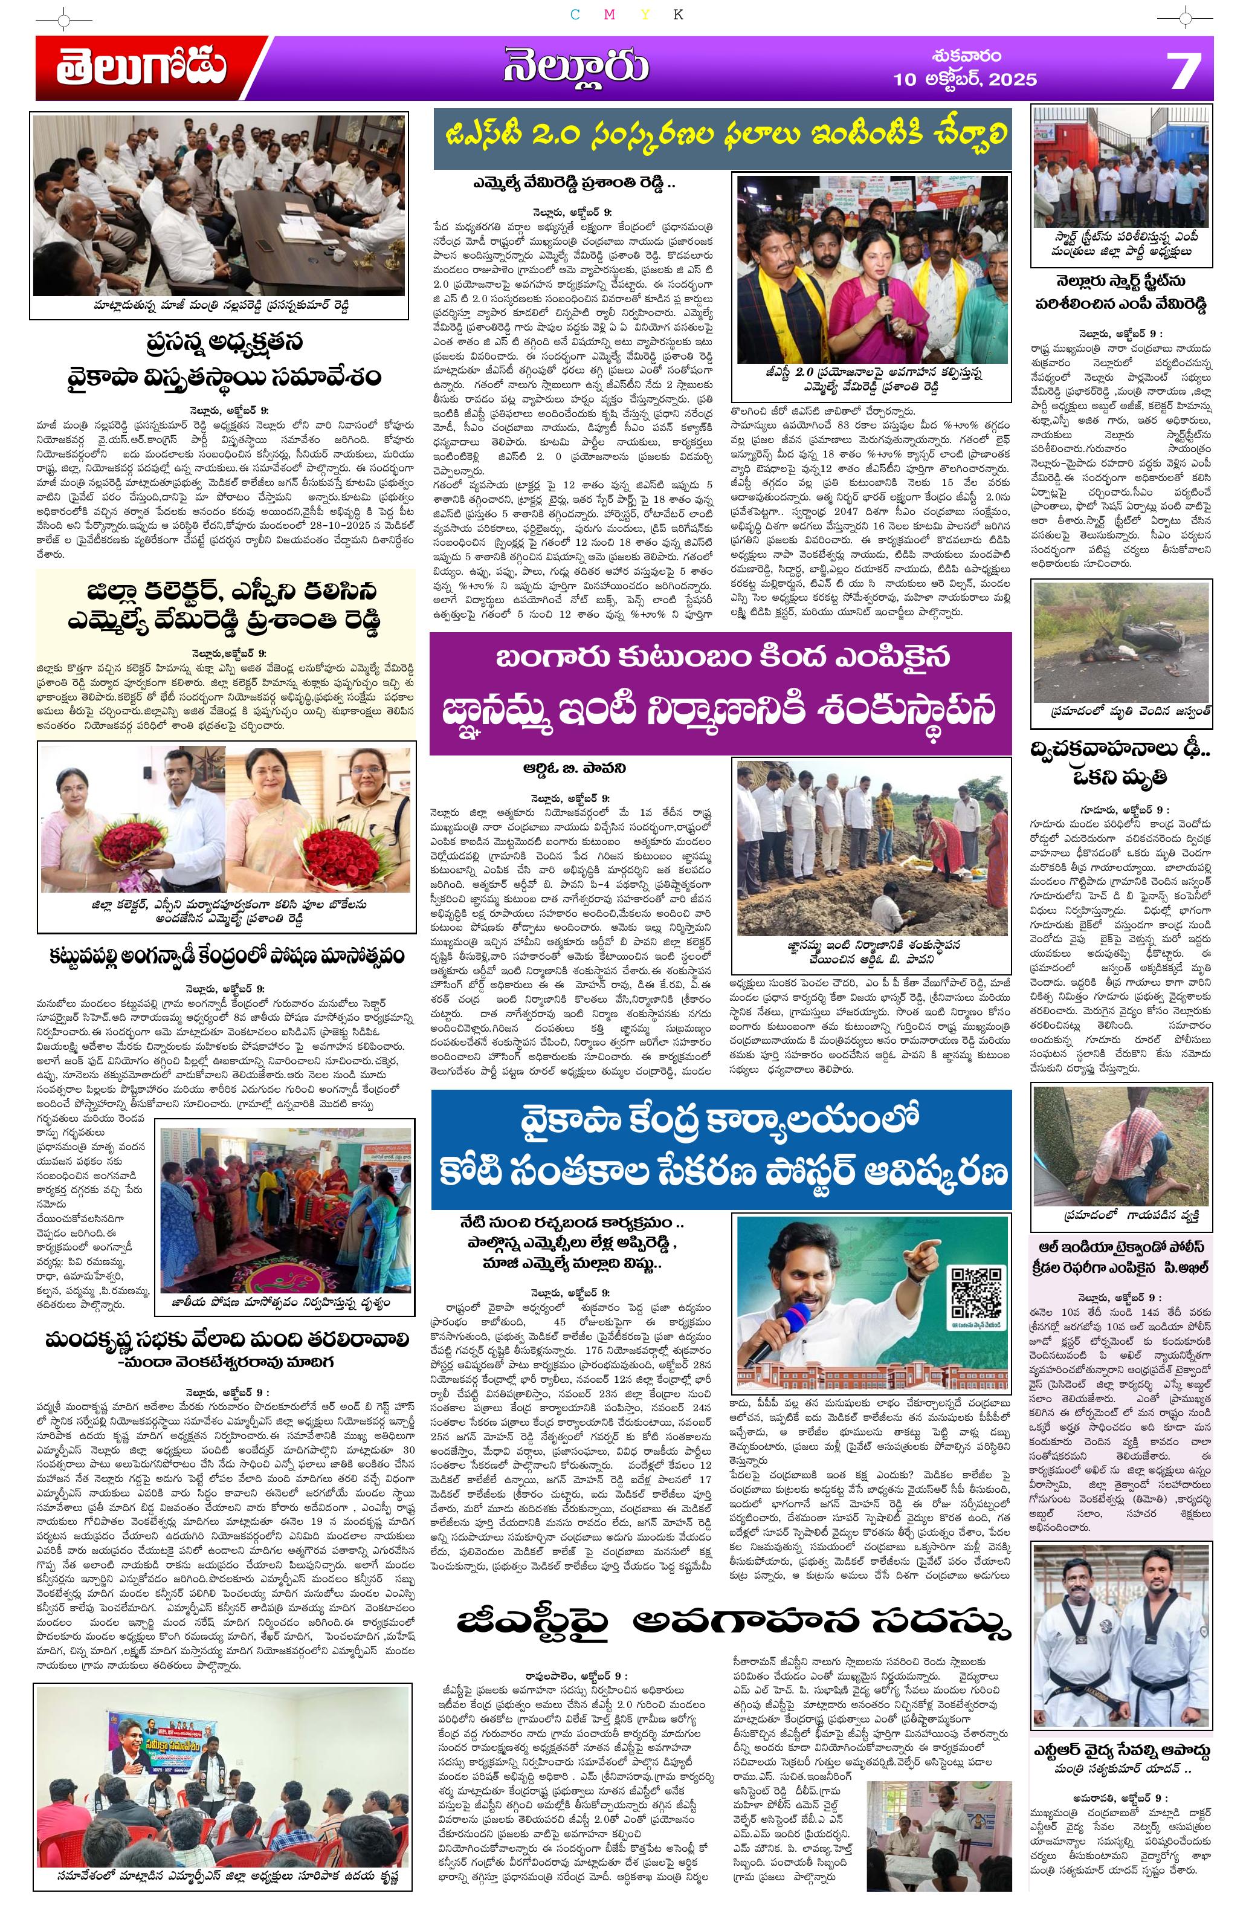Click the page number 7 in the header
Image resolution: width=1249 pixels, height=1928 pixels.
point(1183,71)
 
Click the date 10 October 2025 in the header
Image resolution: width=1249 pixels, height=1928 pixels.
point(964,79)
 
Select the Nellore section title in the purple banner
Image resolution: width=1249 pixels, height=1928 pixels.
point(575,68)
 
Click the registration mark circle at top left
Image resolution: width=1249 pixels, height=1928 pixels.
point(73,17)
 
